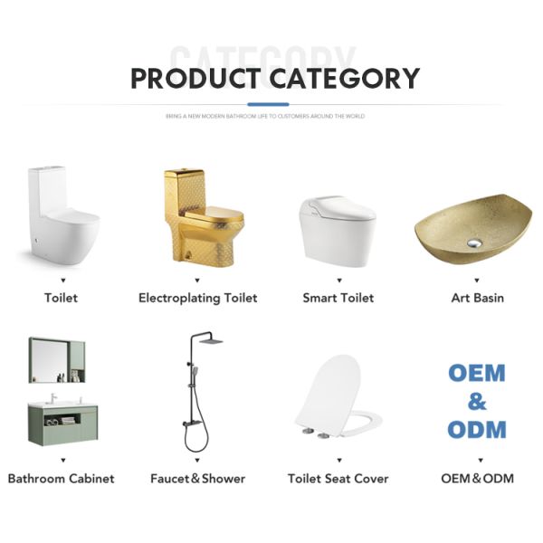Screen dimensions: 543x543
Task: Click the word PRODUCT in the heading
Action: pyautogui.click(x=197, y=79)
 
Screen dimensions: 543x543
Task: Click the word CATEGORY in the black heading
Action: pyautogui.click(x=345, y=79)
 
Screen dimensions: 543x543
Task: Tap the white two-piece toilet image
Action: pyautogui.click(x=62, y=217)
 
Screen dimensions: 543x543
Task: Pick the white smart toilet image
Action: pyautogui.click(x=337, y=226)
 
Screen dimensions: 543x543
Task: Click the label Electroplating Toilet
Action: pyautogui.click(x=197, y=298)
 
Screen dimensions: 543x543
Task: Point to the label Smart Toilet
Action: pyautogui.click(x=338, y=298)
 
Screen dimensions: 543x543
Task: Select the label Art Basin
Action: pyautogui.click(x=477, y=298)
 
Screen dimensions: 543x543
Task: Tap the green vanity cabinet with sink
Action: pyautogui.click(x=62, y=424)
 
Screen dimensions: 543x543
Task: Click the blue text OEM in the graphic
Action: pyautogui.click(x=477, y=373)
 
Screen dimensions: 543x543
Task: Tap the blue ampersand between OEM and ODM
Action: pyautogui.click(x=477, y=401)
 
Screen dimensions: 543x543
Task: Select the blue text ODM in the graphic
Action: pyautogui.click(x=477, y=429)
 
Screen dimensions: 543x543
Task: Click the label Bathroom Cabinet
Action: pyautogui.click(x=62, y=478)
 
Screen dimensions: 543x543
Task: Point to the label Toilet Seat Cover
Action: pyautogui.click(x=338, y=478)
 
